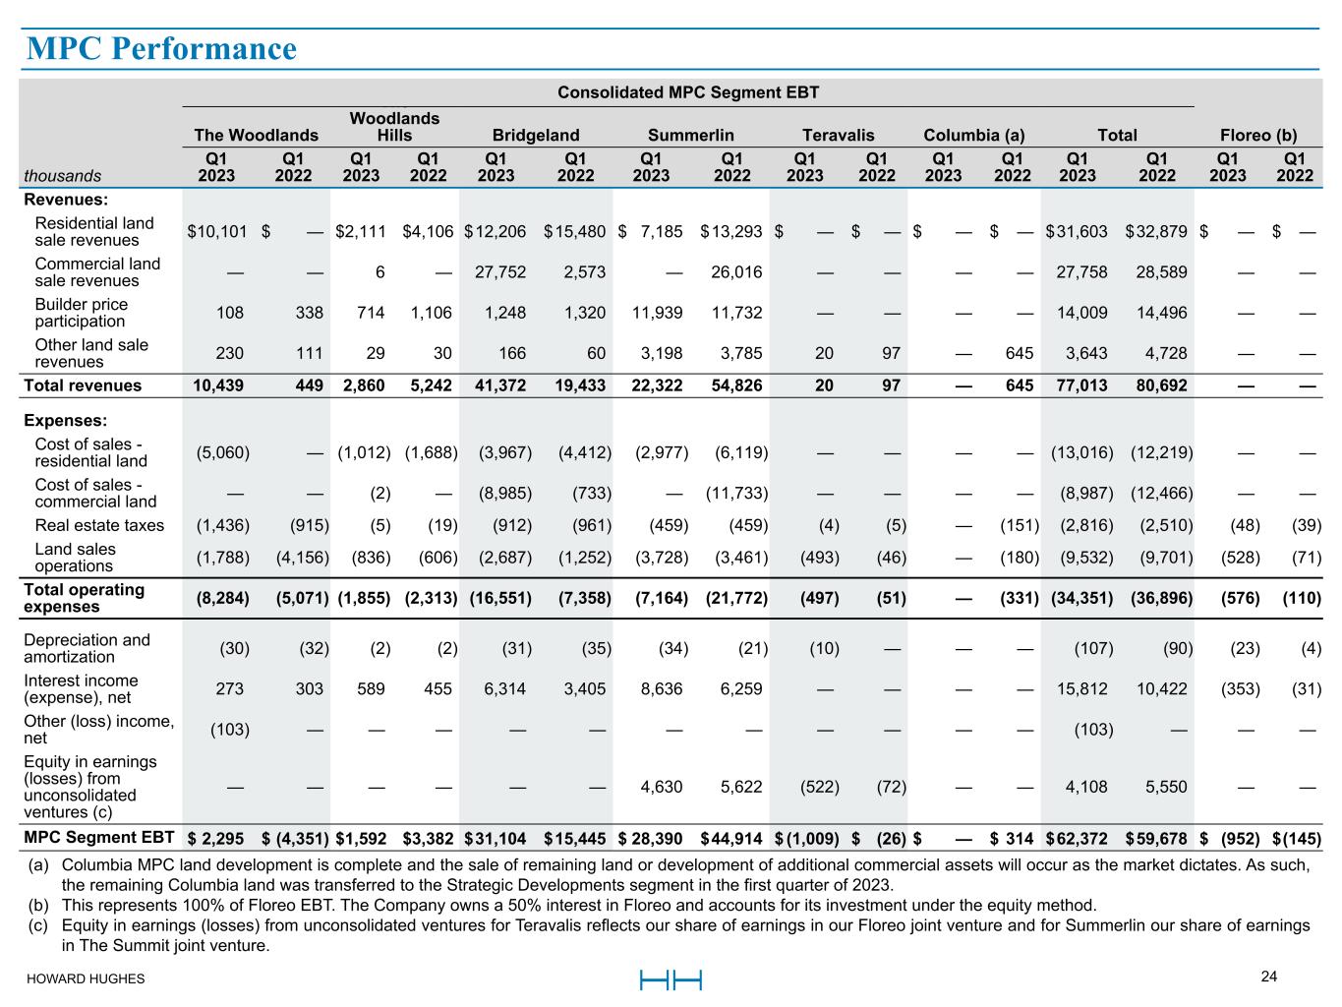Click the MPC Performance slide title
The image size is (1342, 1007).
(x=161, y=48)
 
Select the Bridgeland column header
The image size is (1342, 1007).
(x=536, y=136)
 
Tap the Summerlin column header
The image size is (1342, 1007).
(x=690, y=136)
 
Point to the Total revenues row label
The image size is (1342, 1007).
(x=83, y=385)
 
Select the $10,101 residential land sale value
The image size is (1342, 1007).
(x=217, y=232)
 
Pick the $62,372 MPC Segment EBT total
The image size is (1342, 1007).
(x=1078, y=839)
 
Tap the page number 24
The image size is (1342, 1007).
(x=1269, y=977)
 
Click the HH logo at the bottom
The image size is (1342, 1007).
(x=671, y=979)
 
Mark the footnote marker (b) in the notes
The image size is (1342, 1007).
(x=38, y=905)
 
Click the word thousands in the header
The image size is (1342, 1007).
(x=63, y=176)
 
